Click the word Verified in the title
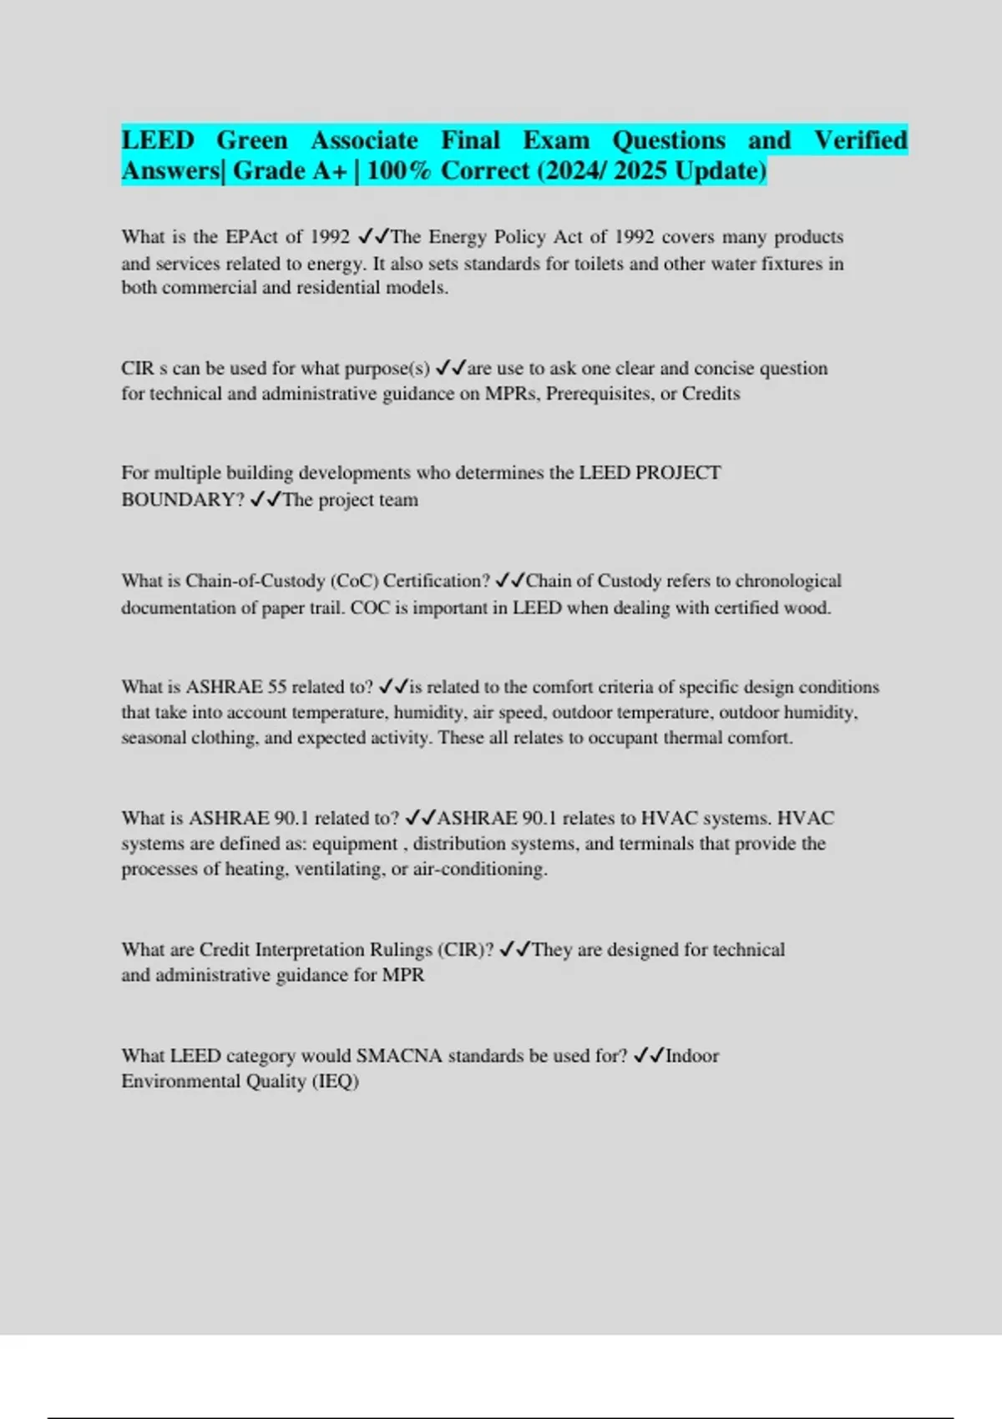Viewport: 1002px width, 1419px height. point(860,140)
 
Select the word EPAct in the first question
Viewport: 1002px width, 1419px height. point(251,237)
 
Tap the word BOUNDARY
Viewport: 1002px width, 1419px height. point(181,500)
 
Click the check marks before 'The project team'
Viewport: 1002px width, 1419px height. point(266,500)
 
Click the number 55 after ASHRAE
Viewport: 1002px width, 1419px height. point(277,687)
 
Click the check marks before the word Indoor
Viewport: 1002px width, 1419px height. point(649,1056)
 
